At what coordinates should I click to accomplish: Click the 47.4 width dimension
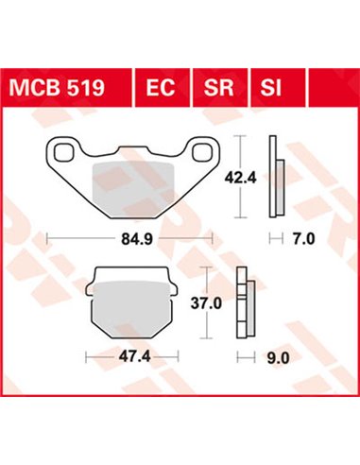(129, 357)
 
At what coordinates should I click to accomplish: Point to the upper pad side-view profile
(274, 178)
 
